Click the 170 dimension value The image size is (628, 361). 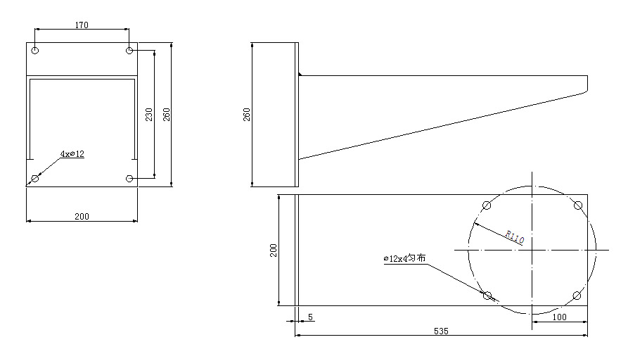click(82, 25)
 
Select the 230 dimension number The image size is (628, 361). click(149, 115)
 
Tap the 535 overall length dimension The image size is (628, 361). click(441, 331)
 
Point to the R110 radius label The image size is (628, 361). click(515, 236)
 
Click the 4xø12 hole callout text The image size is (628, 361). click(72, 154)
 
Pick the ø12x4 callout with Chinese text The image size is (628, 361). click(404, 258)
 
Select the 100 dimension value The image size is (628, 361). click(560, 317)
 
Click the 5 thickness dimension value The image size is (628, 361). click(310, 317)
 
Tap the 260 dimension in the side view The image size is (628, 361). click(247, 115)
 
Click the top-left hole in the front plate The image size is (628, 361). click(35, 51)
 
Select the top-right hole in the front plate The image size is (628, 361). click(129, 51)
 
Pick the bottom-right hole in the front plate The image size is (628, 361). click(129, 178)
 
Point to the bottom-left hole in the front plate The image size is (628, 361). click(35, 178)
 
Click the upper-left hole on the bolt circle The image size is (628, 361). click(487, 205)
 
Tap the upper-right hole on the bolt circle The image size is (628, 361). click(578, 205)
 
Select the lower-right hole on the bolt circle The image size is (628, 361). click(577, 296)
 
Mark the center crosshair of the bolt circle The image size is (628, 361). click(532, 250)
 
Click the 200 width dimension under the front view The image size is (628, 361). click(82, 216)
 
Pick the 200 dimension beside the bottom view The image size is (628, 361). click(274, 251)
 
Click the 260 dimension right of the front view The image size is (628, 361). click(167, 115)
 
